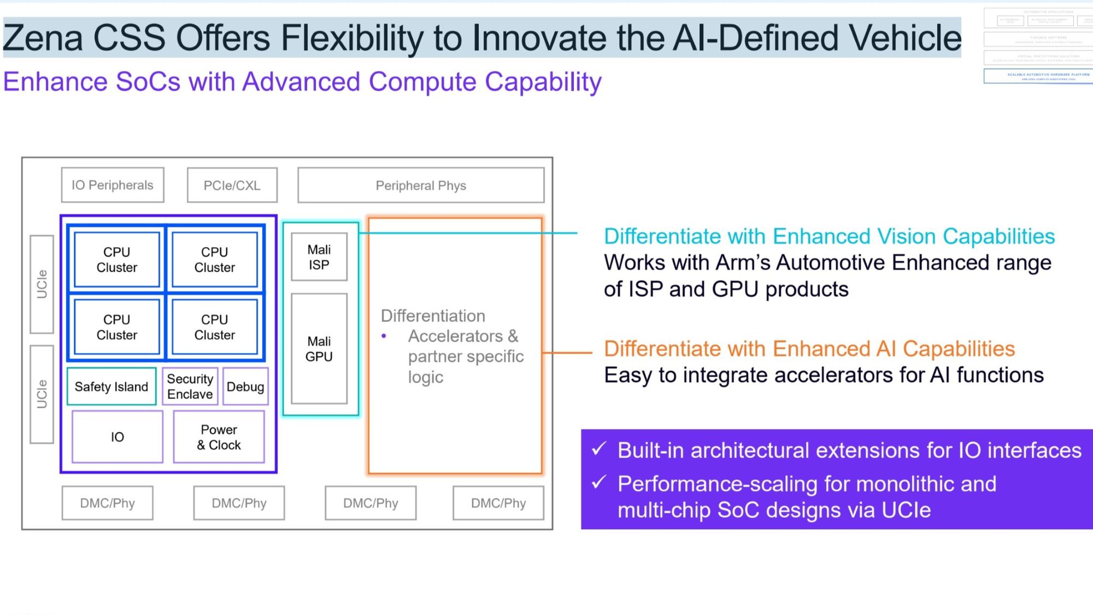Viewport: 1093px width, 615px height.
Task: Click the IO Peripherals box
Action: tap(113, 185)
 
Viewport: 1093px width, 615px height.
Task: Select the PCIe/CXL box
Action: tap(232, 186)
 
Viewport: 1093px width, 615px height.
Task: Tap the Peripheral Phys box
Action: tap(421, 186)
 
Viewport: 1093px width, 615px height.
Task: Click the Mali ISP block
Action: tap(319, 257)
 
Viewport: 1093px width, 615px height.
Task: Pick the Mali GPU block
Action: tap(319, 349)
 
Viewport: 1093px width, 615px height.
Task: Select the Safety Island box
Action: tap(111, 387)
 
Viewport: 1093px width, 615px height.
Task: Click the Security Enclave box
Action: tap(190, 387)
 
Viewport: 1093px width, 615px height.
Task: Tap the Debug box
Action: tap(245, 387)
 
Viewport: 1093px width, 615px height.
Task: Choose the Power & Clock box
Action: tap(219, 437)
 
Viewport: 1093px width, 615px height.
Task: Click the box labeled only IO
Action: tap(117, 437)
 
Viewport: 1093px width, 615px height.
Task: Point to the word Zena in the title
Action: tap(43, 38)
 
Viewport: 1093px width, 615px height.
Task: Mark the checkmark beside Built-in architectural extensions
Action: tap(599, 449)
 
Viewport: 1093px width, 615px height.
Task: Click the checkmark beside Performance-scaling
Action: tap(599, 482)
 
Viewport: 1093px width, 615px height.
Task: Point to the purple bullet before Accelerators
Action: tap(384, 336)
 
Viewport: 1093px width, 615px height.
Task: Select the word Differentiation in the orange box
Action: tap(433, 316)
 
